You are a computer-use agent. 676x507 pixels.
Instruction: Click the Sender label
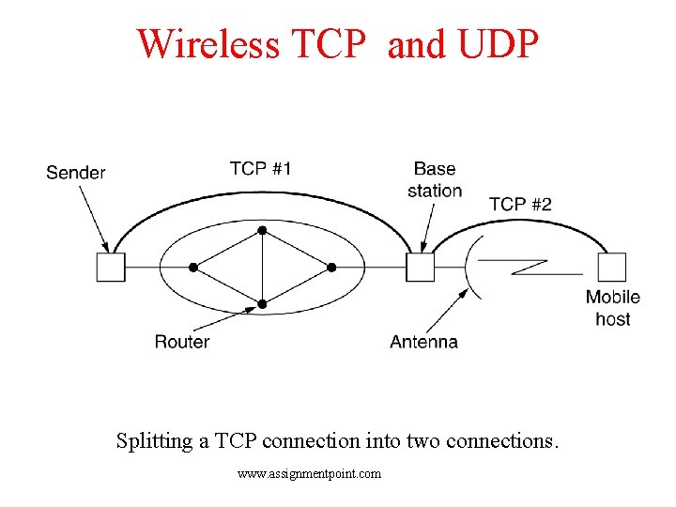click(76, 173)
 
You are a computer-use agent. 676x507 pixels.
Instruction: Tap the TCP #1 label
click(260, 169)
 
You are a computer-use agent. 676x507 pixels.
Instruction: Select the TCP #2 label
click(520, 205)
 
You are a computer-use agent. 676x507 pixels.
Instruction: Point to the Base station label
click(435, 179)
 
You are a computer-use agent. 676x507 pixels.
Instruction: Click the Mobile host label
click(613, 308)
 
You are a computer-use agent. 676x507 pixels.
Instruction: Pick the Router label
click(182, 342)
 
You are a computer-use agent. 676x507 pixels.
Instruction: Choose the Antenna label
click(424, 342)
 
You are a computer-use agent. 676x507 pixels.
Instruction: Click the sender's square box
click(111, 268)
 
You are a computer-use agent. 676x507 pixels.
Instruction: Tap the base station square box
click(421, 268)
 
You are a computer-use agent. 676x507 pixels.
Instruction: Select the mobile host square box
click(612, 268)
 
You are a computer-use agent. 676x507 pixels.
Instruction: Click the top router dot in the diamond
click(263, 230)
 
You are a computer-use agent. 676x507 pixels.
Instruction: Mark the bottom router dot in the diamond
click(263, 304)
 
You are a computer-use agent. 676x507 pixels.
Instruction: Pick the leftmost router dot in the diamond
click(193, 268)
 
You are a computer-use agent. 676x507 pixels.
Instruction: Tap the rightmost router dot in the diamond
click(331, 268)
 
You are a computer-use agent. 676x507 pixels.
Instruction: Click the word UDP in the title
click(499, 44)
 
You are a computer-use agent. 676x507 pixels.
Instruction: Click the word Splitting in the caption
click(156, 440)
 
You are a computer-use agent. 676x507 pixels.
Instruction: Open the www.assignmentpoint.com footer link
click(310, 474)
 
